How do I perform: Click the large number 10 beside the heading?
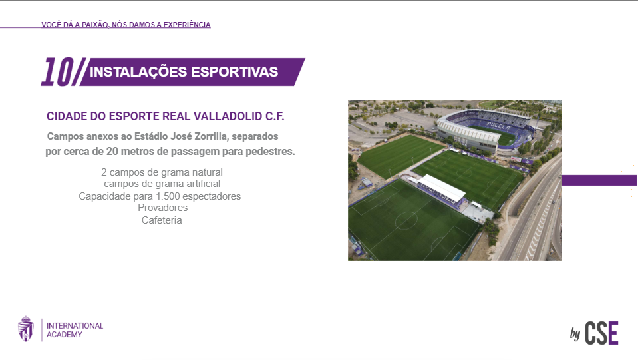coord(58,72)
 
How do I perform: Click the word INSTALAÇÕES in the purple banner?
coord(138,72)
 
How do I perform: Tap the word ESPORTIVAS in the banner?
coord(235,72)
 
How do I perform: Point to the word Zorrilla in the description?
coord(212,136)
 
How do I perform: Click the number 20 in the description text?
coord(112,151)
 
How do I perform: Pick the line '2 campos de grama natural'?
coord(162,172)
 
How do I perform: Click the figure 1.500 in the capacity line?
coord(168,196)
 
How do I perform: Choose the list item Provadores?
coord(163,208)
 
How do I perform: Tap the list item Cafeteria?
coord(162,220)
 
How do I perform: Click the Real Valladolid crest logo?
coord(26,329)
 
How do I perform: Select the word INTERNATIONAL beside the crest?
coord(75,326)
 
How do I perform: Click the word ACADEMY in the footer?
coord(65,334)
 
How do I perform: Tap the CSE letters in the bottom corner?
coord(601,333)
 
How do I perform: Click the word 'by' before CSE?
coord(575,333)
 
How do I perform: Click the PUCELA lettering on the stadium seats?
coord(498,126)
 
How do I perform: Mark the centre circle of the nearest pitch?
coord(406,220)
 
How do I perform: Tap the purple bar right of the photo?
coord(599,180)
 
